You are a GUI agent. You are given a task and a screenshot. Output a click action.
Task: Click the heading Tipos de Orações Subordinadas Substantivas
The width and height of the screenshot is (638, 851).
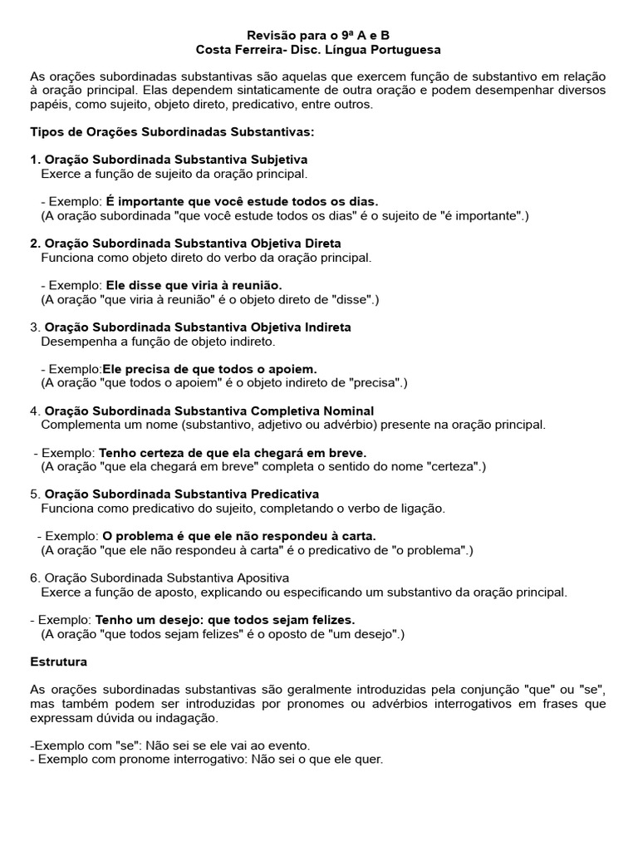pyautogui.click(x=172, y=132)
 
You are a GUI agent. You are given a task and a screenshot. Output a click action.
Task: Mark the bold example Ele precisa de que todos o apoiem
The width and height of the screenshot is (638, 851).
pyautogui.click(x=209, y=368)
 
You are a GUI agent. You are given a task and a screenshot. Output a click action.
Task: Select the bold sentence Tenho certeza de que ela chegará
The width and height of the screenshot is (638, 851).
pyautogui.click(x=233, y=453)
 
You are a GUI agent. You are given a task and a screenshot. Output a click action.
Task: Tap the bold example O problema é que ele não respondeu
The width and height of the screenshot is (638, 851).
pyautogui.click(x=239, y=536)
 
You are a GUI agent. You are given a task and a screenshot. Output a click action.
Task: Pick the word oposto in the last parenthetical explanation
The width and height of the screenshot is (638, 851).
pyautogui.click(x=314, y=634)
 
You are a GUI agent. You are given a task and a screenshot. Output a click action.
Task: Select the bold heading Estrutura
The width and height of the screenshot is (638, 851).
pyautogui.click(x=58, y=662)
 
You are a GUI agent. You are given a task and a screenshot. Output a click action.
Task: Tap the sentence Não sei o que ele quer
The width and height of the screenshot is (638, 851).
pyautogui.click(x=313, y=760)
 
